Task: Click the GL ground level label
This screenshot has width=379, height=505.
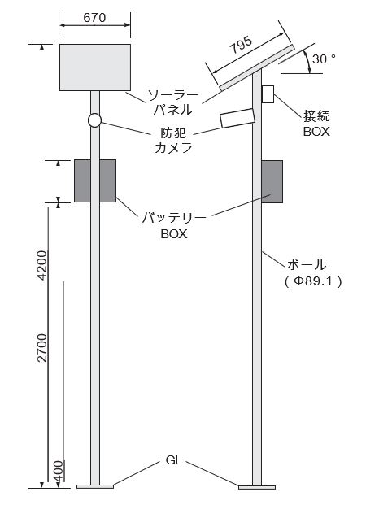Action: [173, 461]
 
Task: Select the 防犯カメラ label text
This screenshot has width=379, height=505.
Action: [173, 140]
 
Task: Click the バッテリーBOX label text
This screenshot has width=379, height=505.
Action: [174, 225]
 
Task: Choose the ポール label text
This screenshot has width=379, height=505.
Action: [307, 264]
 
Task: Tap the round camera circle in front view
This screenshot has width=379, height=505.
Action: [95, 120]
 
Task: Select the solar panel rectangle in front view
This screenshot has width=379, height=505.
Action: [95, 67]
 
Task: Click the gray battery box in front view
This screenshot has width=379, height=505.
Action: [95, 181]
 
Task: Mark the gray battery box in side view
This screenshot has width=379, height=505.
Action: [272, 181]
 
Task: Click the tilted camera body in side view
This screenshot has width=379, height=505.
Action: [237, 118]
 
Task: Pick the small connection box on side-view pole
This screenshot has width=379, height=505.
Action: [268, 94]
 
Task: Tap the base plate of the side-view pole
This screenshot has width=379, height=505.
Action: [258, 487]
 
